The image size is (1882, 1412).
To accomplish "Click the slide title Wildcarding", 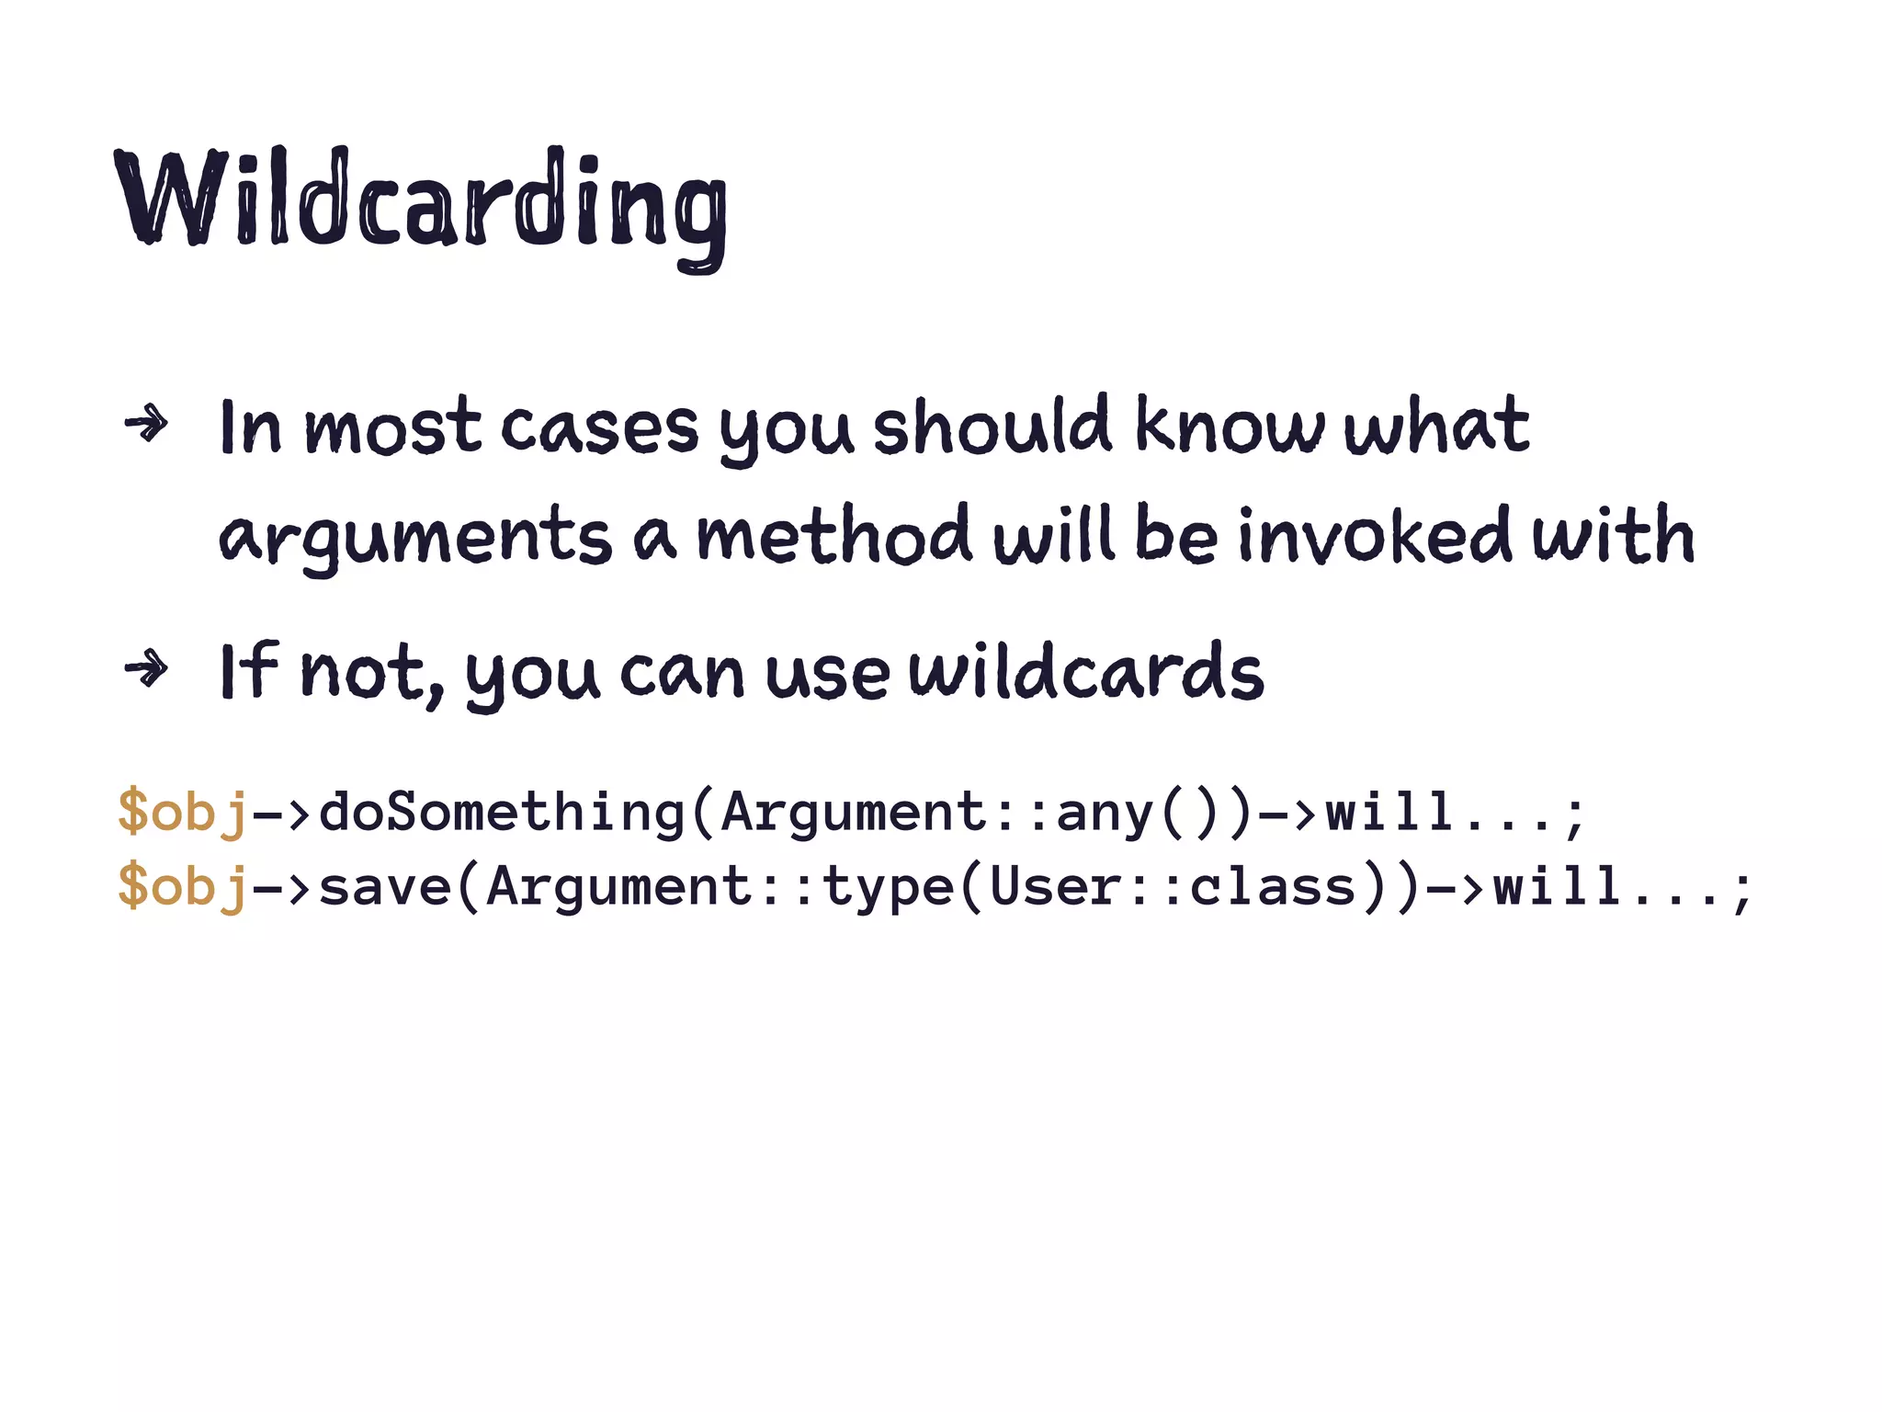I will (421, 204).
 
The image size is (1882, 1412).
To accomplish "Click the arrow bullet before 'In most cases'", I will (147, 425).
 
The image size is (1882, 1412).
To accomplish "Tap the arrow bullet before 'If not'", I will (147, 668).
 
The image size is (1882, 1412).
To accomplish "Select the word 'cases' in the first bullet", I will (599, 429).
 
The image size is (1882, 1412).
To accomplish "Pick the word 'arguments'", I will (414, 537).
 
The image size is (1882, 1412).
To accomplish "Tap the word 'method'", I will (833, 535).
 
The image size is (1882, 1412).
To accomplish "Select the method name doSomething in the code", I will (502, 812).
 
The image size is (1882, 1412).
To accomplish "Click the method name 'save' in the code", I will (385, 886).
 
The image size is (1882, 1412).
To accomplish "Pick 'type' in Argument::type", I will (888, 888).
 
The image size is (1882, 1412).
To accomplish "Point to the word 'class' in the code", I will (1273, 886).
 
